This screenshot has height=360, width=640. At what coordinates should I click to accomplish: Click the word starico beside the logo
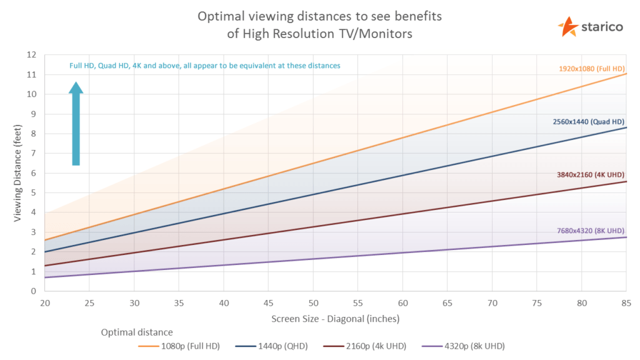(x=602, y=27)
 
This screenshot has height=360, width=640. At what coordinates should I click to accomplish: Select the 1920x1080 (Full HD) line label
(x=591, y=68)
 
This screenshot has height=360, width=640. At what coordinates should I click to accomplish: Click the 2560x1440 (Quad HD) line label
(x=589, y=121)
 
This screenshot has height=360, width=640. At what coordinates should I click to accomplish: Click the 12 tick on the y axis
(x=32, y=55)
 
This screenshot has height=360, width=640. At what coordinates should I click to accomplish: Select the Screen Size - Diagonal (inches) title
(x=335, y=318)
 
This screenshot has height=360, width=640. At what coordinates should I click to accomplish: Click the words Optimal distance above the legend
(x=137, y=332)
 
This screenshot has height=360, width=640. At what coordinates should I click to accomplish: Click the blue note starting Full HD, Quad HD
(x=204, y=66)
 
